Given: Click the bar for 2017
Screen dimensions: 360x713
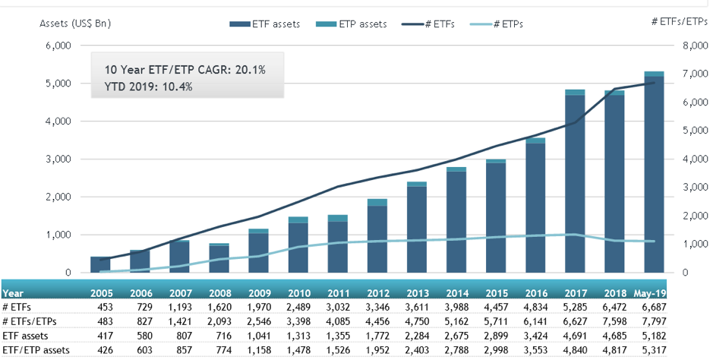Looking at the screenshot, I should coord(574,182).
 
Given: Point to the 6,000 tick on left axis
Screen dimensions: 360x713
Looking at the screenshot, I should coord(57,46).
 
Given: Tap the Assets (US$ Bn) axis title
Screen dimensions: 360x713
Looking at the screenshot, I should coord(75,24).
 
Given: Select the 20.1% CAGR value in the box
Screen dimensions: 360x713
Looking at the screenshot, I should coord(249,70).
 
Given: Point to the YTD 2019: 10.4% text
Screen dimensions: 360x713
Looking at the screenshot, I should coord(149,87).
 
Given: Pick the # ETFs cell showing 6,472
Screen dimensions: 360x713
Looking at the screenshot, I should coord(614,306).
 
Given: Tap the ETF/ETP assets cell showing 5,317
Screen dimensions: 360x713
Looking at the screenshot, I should coord(654,349).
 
